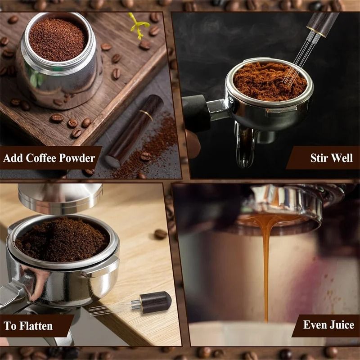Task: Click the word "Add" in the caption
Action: tap(13, 158)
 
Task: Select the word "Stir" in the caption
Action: tap(319, 158)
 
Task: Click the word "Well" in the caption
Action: tap(343, 158)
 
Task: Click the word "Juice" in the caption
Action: tap(341, 325)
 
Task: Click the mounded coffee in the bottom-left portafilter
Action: tap(61, 238)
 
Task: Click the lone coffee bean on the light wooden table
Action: tap(160, 234)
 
